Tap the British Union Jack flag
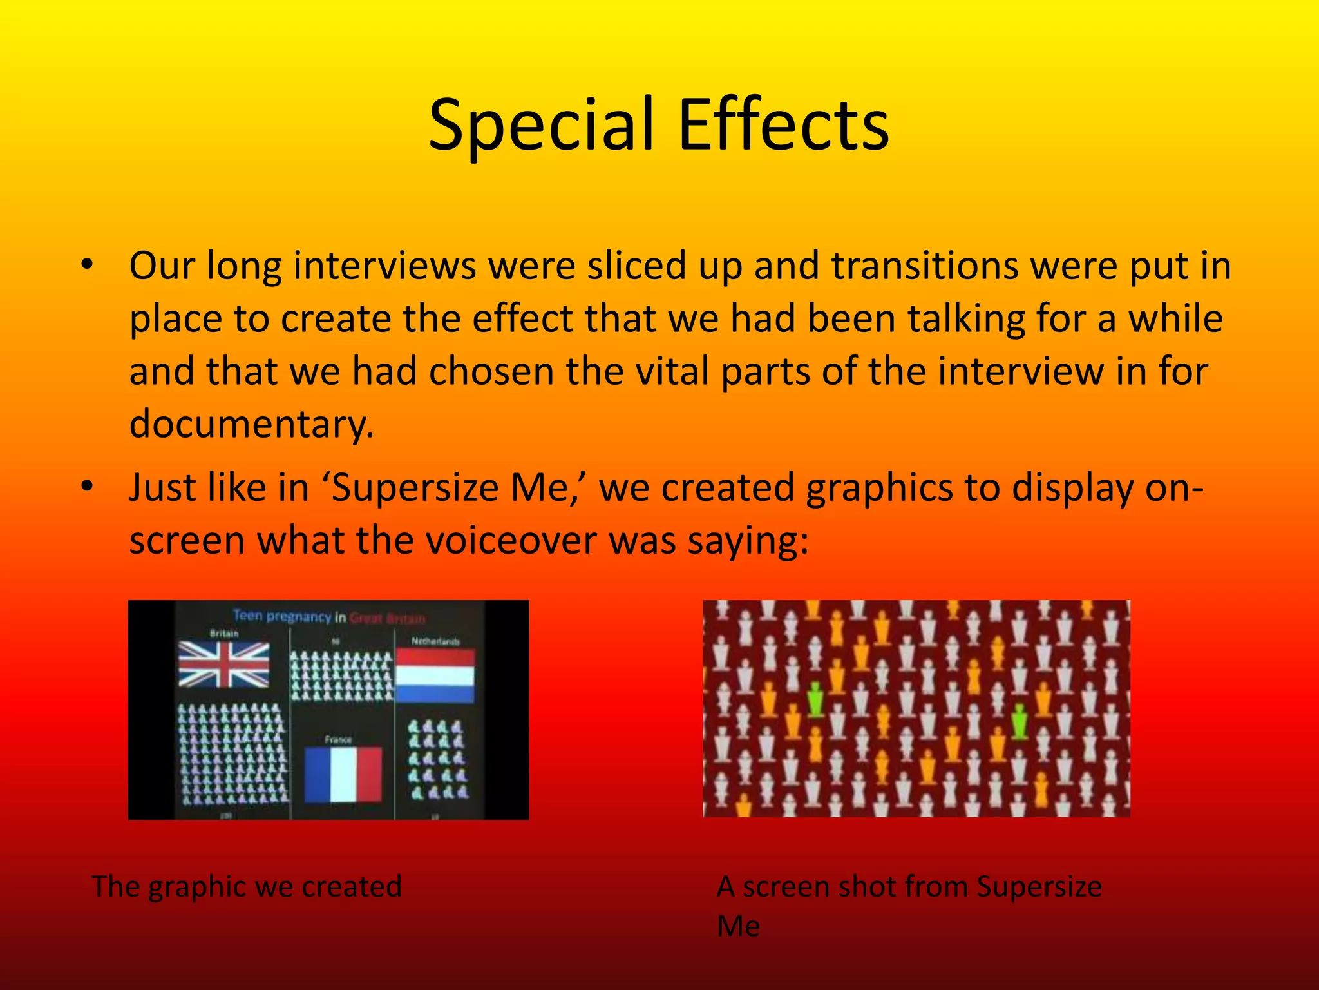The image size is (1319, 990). pos(223,664)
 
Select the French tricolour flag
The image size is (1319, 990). pos(343,774)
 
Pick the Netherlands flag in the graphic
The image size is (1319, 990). pos(435,675)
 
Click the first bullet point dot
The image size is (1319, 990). pos(88,265)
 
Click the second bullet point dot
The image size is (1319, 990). pos(88,487)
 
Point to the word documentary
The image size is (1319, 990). pos(251,424)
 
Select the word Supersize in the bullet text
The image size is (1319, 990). pos(415,487)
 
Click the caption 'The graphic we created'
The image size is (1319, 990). pos(247,886)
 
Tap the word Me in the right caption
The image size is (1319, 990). pos(738,926)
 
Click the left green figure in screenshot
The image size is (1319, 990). pos(815,700)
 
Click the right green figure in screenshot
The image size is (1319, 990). pos(1019,721)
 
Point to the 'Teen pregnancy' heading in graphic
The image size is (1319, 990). pos(281,616)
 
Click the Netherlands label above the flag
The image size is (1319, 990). pos(435,641)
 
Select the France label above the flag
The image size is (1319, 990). pos(338,740)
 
